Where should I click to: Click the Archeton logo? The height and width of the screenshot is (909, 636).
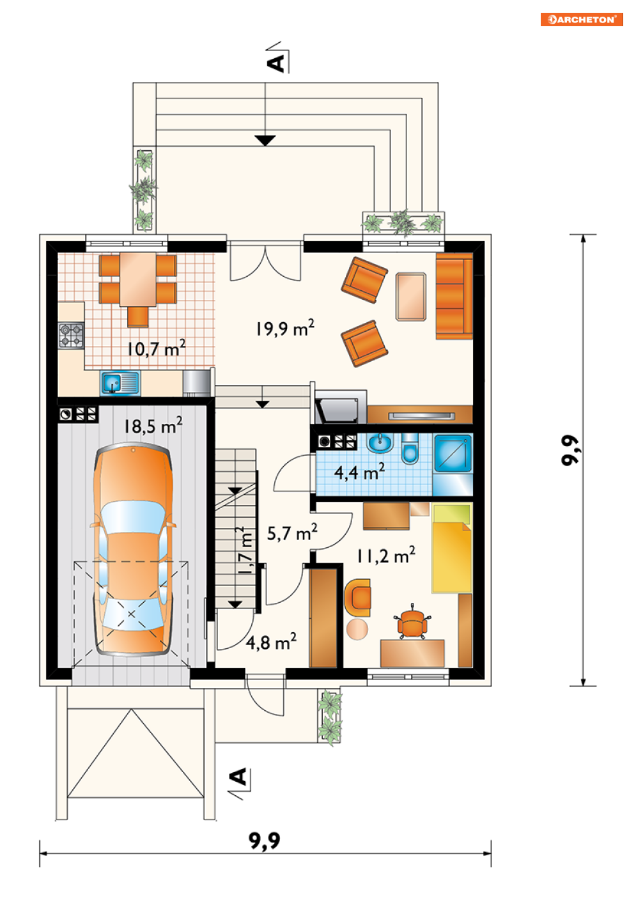click(x=581, y=19)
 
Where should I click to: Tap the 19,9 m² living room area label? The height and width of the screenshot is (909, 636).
click(x=285, y=328)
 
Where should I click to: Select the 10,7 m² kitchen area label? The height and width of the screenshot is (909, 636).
click(x=157, y=348)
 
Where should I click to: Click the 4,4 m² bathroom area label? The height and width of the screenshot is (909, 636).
click(x=360, y=472)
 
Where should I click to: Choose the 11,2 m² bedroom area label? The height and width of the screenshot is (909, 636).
click(x=386, y=555)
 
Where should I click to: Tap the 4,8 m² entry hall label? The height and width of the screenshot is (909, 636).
click(x=271, y=642)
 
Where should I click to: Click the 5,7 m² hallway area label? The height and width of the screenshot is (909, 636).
click(x=292, y=533)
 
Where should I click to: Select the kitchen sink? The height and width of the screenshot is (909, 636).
click(x=120, y=382)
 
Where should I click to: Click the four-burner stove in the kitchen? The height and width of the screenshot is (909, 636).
click(x=71, y=336)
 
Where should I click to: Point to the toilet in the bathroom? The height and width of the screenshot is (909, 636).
click(x=410, y=449)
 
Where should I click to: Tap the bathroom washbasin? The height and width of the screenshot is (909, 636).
click(x=380, y=443)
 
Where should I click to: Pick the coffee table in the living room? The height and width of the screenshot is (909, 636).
click(x=411, y=297)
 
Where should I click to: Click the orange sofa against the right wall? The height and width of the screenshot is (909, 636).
click(x=454, y=296)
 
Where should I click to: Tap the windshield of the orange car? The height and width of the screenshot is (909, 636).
click(x=133, y=517)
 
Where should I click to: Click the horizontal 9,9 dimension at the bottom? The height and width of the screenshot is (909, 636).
click(x=265, y=841)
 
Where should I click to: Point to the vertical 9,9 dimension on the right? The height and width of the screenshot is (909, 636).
click(x=570, y=450)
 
